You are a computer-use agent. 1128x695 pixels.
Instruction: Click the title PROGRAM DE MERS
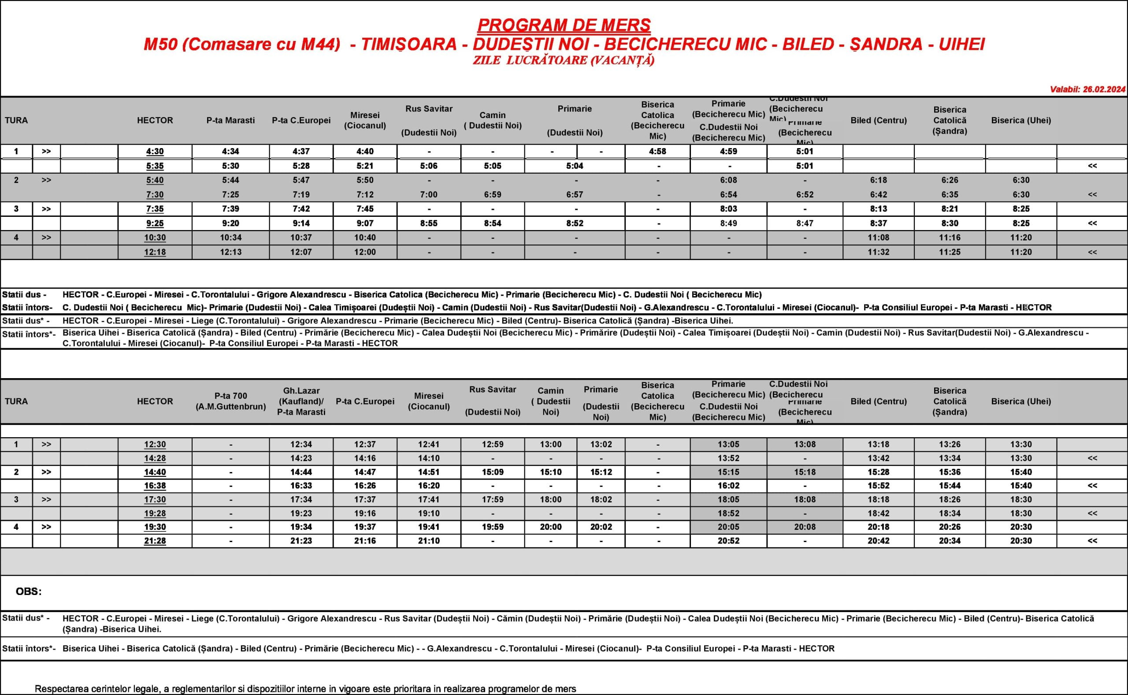(x=564, y=25)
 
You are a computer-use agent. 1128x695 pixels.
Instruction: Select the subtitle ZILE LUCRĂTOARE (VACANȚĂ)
(x=564, y=60)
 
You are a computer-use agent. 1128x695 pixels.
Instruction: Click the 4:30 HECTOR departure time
(x=155, y=151)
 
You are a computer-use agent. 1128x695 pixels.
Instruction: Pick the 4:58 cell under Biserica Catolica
(x=657, y=151)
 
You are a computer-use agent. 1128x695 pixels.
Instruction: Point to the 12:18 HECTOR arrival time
(x=155, y=252)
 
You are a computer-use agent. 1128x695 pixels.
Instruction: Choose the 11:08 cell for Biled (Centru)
(x=879, y=238)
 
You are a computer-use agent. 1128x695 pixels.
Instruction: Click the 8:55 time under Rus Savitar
(x=429, y=223)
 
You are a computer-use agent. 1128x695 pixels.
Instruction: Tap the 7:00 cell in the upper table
(x=429, y=194)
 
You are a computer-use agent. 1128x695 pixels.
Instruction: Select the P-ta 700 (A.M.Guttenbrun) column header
(x=230, y=401)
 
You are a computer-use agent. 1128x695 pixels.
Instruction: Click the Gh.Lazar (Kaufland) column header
(x=301, y=401)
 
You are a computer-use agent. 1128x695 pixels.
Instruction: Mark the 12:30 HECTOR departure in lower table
(x=155, y=445)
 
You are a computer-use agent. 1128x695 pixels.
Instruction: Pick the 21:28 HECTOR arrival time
(x=155, y=541)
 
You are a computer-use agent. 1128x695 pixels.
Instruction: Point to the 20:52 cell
(x=728, y=541)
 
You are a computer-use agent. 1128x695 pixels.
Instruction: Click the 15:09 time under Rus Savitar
(x=493, y=472)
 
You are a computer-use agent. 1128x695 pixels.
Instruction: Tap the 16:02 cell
(x=728, y=486)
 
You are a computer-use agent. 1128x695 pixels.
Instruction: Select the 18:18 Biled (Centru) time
(x=879, y=500)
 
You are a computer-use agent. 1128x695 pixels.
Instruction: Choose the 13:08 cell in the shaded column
(x=805, y=445)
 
